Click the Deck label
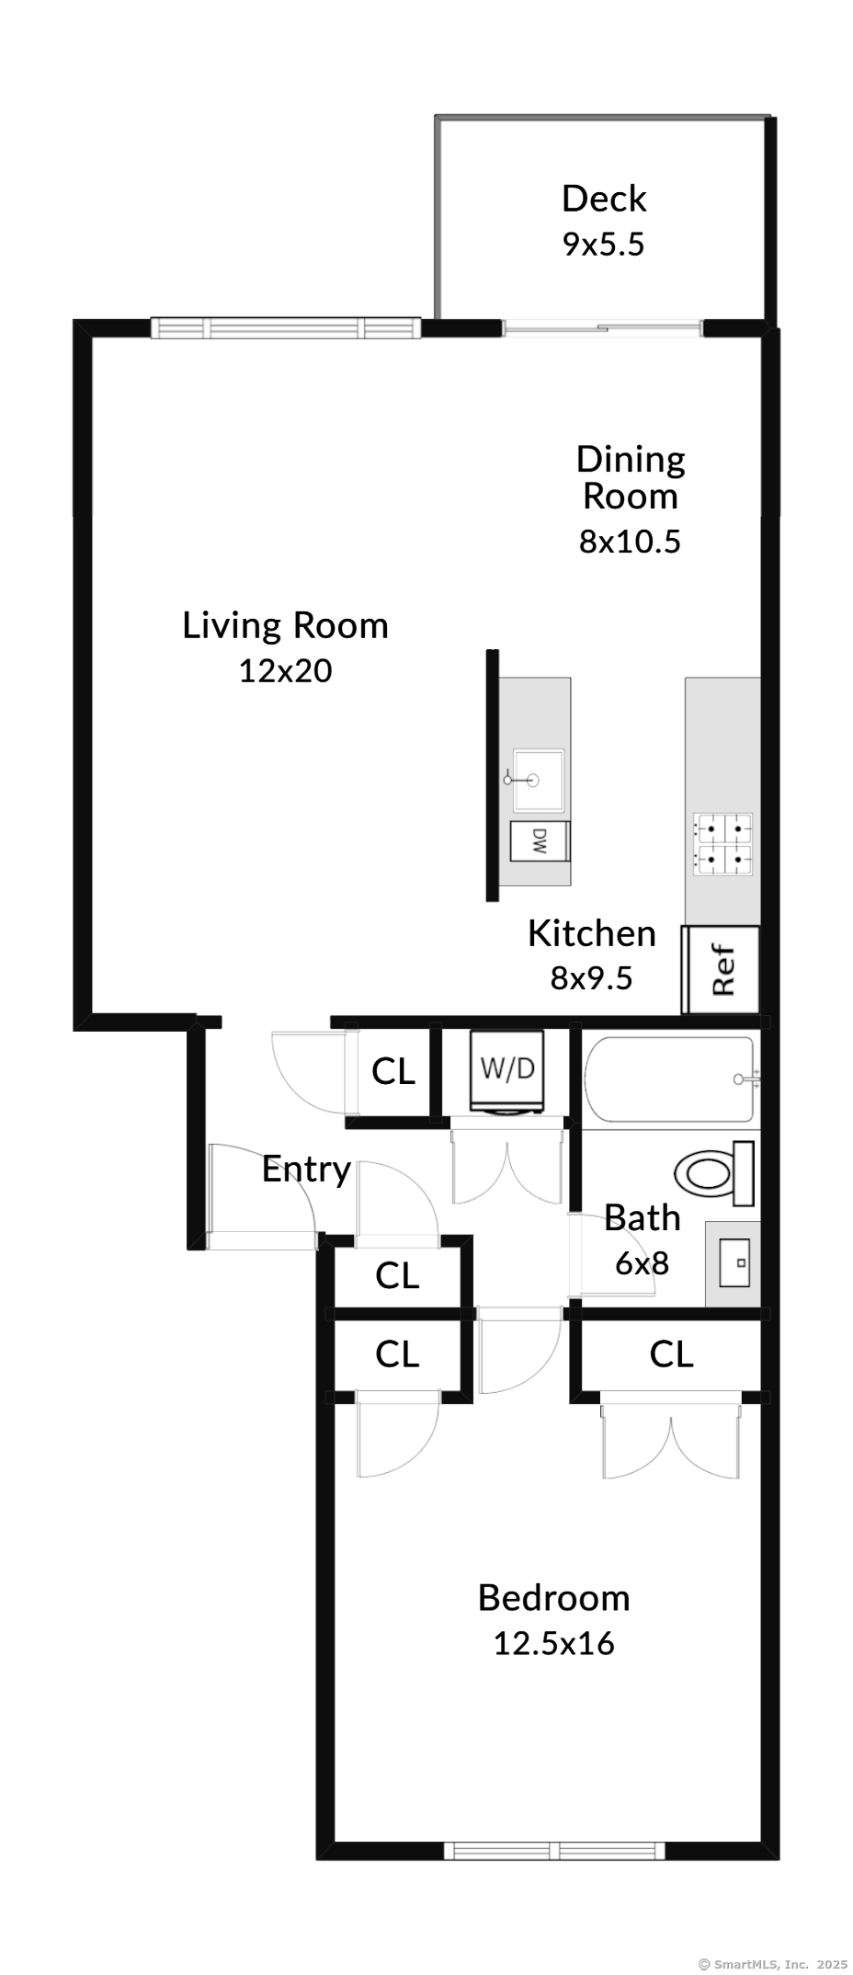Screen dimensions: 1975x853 (604, 199)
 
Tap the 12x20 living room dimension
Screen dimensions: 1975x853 (285, 671)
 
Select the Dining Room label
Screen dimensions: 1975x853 (631, 477)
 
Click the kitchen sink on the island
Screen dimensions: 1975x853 (539, 780)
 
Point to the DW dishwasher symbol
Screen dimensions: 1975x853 (540, 840)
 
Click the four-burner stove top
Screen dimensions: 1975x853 (723, 844)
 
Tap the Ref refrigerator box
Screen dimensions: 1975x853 (722, 969)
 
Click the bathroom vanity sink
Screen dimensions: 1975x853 (734, 1263)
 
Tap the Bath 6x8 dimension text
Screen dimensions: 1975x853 (642, 1263)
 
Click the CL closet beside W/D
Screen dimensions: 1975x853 (393, 1071)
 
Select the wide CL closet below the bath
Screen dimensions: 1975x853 (671, 1354)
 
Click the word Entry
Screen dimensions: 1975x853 (306, 1170)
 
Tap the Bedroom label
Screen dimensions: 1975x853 (553, 1598)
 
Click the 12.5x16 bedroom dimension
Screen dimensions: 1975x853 (553, 1643)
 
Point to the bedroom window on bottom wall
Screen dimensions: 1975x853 (554, 1850)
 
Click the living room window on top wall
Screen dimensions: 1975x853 (285, 328)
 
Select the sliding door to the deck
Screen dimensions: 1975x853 (602, 327)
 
